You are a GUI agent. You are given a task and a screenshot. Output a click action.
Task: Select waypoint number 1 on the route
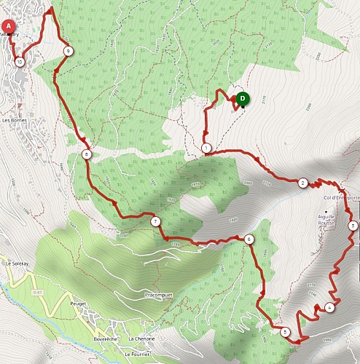point(207,149)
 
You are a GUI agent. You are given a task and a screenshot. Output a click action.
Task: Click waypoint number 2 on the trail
point(302,183)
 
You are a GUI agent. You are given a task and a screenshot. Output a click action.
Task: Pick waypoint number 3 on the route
point(353,226)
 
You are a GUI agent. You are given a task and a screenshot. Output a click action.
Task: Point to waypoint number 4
point(330,307)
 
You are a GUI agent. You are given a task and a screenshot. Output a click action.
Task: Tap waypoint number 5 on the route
point(284,332)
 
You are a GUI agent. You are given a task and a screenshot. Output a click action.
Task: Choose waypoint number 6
point(249,239)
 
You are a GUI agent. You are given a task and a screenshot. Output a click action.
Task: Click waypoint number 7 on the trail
point(154,221)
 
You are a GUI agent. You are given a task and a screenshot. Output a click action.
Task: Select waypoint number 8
point(87,154)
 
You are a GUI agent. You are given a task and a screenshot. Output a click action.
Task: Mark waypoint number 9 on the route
point(67,51)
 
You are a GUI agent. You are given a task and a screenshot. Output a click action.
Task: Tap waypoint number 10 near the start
point(18,63)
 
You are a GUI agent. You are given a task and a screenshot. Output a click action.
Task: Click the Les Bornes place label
point(15,119)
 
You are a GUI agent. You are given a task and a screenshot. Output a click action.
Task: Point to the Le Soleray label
point(15,263)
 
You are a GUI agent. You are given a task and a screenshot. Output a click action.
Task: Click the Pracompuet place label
point(158,295)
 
